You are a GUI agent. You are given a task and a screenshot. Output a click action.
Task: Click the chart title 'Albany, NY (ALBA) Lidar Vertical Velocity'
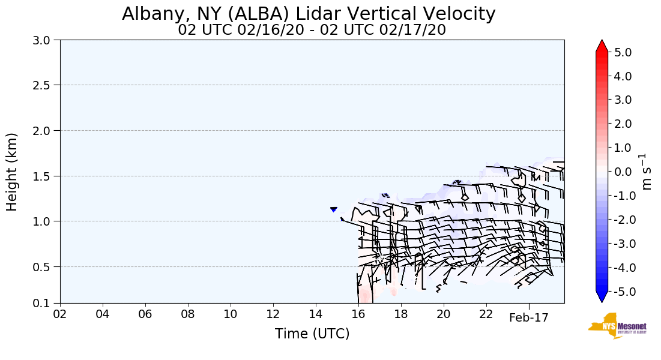(x=309, y=14)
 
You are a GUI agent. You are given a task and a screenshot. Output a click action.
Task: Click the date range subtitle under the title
(x=312, y=30)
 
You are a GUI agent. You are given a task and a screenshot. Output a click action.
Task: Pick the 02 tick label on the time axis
(x=60, y=314)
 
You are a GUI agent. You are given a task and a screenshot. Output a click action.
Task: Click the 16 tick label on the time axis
(x=358, y=314)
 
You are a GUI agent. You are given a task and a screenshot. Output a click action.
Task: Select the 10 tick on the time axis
(x=231, y=314)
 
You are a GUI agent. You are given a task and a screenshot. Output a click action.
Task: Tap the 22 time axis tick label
(x=486, y=314)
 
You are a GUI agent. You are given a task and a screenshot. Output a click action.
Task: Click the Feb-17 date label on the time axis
(x=528, y=318)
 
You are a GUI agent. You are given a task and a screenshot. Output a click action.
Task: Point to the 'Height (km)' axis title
(x=12, y=172)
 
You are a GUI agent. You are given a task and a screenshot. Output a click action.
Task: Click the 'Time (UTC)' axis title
(x=312, y=334)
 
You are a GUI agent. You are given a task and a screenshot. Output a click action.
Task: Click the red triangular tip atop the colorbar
(x=602, y=46)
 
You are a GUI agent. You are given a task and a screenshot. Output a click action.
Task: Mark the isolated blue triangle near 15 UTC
(x=333, y=209)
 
